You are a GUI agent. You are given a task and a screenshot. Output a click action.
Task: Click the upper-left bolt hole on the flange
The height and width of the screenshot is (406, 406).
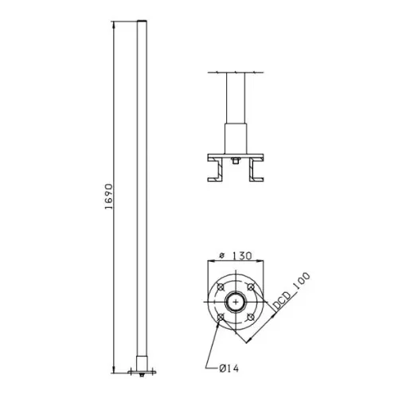click(220, 287)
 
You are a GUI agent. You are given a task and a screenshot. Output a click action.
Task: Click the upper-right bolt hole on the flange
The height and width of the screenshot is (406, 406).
click(250, 287)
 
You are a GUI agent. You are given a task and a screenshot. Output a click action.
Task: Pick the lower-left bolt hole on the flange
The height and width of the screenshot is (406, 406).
click(220, 318)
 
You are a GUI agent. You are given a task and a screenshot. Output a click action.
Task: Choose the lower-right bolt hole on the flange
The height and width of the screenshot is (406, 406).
click(250, 318)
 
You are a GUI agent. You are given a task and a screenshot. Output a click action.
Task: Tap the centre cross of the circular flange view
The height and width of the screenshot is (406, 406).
click(235, 303)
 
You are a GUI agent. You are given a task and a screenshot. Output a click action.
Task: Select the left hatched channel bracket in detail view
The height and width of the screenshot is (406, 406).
click(215, 172)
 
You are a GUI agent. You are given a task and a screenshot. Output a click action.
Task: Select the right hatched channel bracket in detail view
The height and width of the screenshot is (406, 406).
click(256, 172)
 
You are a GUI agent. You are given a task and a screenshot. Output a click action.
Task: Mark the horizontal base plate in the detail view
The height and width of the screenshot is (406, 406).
click(235, 155)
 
